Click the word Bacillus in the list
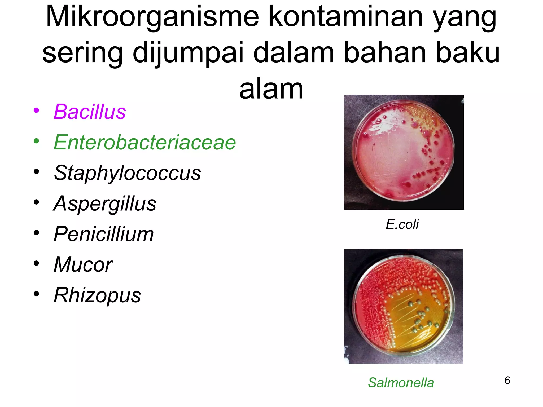tap(90, 112)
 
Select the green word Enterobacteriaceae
tap(145, 142)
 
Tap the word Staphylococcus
tap(127, 173)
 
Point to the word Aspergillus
tap(105, 204)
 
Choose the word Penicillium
tap(104, 234)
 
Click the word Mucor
tap(83, 265)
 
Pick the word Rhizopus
tap(97, 295)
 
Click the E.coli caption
tap(402, 225)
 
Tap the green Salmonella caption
tap(401, 383)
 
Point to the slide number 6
tap(507, 381)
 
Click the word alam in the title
tap(271, 89)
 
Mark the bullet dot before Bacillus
tap(36, 110)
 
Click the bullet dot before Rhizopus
tap(36, 294)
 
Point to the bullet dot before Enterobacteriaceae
tap(36, 141)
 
